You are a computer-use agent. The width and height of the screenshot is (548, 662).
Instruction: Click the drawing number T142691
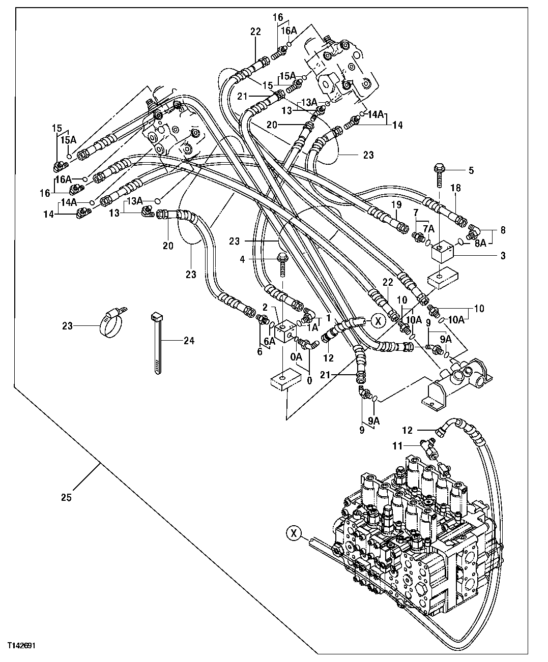(x=21, y=645)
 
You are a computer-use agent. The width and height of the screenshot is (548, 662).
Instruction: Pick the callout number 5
(x=471, y=171)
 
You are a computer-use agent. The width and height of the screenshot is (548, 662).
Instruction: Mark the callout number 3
(x=503, y=256)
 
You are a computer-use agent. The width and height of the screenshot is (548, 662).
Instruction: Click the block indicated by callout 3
(x=441, y=251)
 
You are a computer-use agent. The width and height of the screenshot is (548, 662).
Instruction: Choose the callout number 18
(x=455, y=188)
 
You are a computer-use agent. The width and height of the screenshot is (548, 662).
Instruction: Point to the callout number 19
(x=397, y=205)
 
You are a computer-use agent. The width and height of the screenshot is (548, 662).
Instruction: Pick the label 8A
(x=480, y=244)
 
